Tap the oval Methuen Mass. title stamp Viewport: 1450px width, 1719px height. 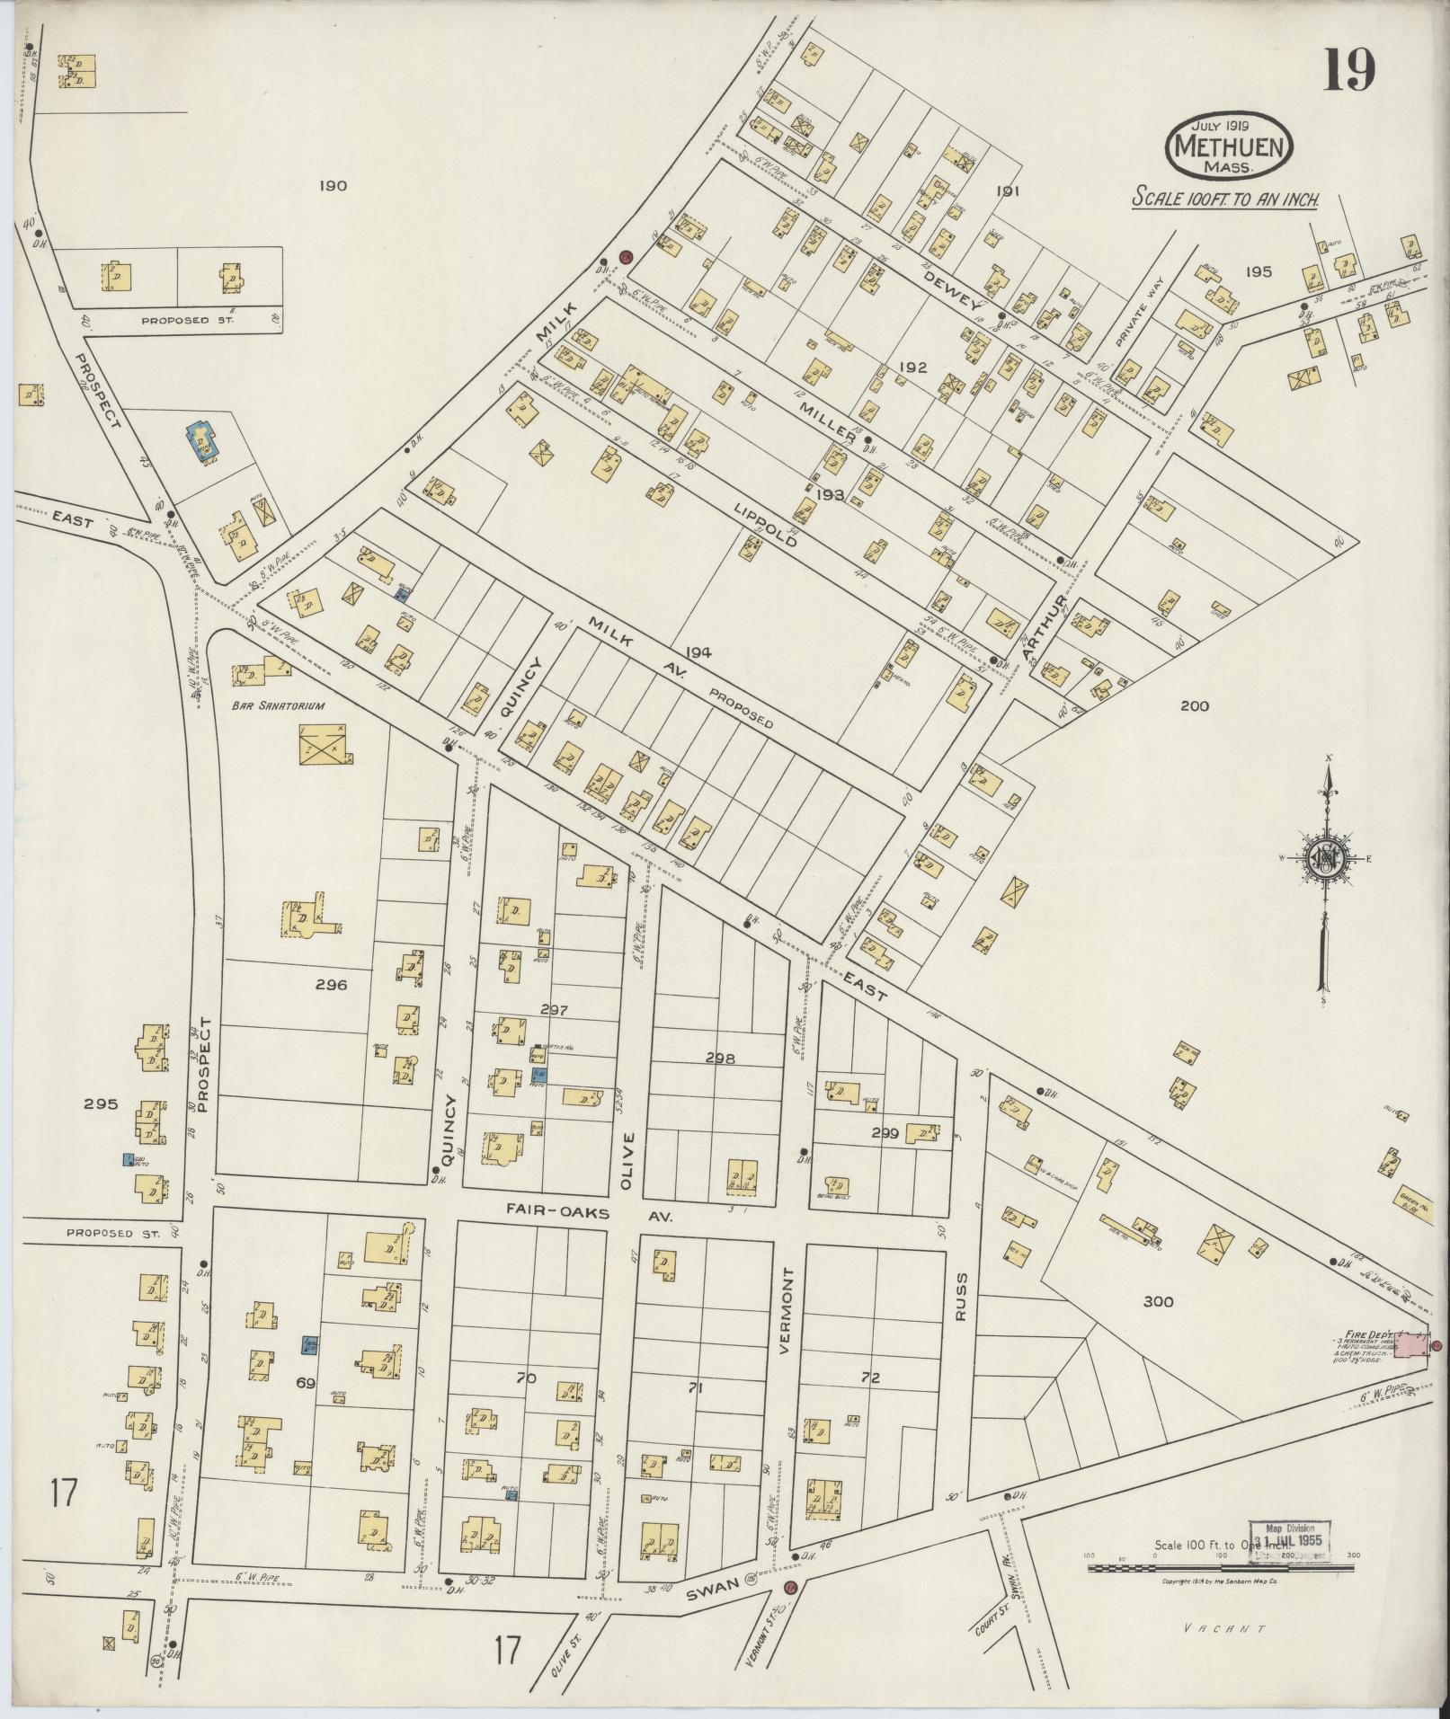[x=1229, y=146]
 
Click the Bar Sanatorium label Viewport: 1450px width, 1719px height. [x=278, y=705]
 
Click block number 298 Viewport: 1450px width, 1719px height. [x=720, y=1059]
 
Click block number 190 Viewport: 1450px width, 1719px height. [x=332, y=186]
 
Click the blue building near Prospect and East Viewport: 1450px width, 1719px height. [x=203, y=441]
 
